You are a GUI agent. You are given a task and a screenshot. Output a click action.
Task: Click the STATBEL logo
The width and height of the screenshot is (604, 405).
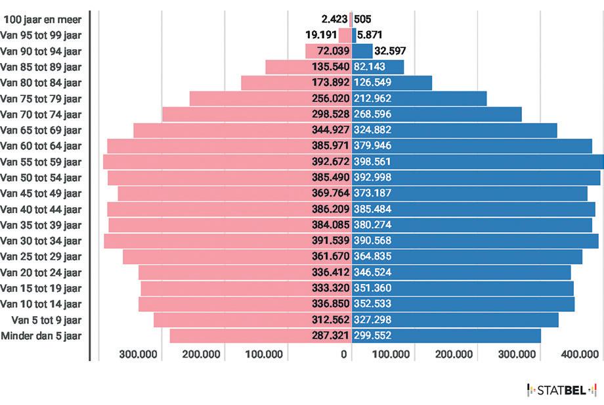(561, 390)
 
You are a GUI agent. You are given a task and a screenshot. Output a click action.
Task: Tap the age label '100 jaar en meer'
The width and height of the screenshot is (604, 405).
(43, 19)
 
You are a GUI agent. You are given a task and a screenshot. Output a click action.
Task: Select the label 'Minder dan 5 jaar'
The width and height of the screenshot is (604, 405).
(41, 335)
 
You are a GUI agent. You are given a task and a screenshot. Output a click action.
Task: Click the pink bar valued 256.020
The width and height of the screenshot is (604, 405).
(270, 99)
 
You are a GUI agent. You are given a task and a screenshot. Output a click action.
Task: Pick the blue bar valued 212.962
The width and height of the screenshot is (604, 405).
(419, 99)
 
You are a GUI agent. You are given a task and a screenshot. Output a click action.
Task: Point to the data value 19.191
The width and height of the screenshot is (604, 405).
(321, 35)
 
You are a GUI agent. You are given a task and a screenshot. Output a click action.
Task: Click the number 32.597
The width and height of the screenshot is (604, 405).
(390, 51)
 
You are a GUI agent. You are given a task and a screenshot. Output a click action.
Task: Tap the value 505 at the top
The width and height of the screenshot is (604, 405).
(362, 19)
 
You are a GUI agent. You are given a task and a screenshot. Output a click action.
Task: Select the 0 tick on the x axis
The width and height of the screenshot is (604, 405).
(343, 354)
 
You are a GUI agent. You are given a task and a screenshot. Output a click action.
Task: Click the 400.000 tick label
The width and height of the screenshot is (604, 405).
(580, 354)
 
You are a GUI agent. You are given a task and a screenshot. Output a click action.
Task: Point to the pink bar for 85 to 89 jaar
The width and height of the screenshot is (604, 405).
(309, 66)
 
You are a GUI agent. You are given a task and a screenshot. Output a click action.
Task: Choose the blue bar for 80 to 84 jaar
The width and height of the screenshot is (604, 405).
(392, 83)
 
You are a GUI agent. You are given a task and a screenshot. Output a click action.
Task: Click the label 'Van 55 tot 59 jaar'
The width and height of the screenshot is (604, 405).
(41, 162)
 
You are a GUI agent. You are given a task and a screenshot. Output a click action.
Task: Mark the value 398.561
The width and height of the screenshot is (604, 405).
(372, 161)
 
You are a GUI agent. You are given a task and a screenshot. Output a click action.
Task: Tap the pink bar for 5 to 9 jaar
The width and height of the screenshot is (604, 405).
(253, 320)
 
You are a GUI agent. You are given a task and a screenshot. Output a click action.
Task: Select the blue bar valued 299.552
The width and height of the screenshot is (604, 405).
(446, 335)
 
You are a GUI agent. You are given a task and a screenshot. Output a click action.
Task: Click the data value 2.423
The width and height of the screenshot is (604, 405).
(334, 19)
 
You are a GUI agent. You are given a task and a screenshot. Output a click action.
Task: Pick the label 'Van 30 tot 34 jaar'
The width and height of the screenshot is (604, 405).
(41, 241)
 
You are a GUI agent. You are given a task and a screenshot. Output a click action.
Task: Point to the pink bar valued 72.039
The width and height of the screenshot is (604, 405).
(328, 51)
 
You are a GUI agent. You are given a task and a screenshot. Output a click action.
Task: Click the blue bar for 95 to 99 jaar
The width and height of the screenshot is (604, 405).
(354, 35)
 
